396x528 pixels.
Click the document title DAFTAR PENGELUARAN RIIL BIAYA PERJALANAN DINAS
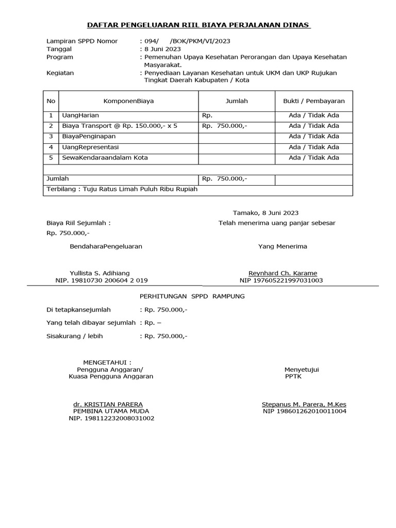[197, 25]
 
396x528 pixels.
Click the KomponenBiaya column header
[128, 101]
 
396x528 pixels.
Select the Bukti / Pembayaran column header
[313, 101]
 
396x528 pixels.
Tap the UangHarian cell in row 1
[80, 115]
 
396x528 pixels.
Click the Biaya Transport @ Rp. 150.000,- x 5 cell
[120, 126]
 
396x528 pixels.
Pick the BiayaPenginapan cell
[89, 137]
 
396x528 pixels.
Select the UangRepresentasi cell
[90, 147]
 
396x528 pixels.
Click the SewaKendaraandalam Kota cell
[105, 158]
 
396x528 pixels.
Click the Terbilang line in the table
[122, 189]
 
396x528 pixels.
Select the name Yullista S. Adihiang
[100, 273]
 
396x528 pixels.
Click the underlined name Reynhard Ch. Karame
[283, 273]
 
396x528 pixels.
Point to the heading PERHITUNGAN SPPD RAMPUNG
[192, 296]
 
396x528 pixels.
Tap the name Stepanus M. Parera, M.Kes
[304, 404]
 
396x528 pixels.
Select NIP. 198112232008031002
[111, 418]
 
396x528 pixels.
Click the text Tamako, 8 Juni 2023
[266, 213]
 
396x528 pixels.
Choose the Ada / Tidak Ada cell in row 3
[313, 137]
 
